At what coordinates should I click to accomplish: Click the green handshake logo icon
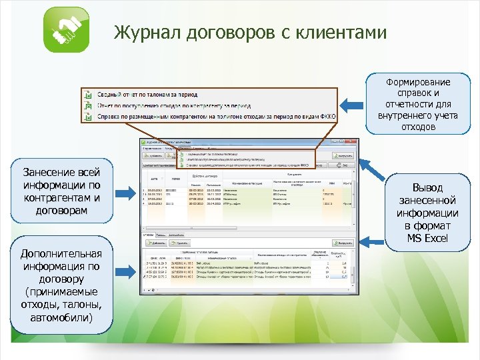click(x=65, y=30)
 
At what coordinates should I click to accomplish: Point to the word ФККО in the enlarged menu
click(x=328, y=117)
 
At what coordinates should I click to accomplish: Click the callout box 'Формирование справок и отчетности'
click(x=418, y=105)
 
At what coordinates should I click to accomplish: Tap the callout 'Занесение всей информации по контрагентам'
click(x=61, y=192)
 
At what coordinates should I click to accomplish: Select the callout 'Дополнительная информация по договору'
click(x=61, y=285)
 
